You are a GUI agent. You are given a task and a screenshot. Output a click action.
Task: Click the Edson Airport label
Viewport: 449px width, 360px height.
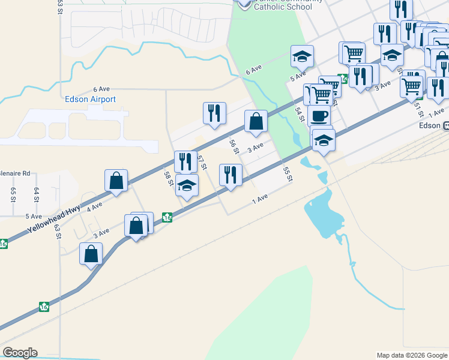point(90,99)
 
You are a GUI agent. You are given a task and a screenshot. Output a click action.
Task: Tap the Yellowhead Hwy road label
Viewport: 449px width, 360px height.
point(54,220)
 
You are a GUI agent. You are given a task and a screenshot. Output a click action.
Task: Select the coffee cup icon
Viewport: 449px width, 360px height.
point(319,115)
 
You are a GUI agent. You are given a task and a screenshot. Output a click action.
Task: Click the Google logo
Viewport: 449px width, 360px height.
point(20,353)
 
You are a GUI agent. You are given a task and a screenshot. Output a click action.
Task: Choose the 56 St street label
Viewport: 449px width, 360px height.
point(234,147)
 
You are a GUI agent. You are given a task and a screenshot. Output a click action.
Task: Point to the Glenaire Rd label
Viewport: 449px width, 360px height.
point(14,173)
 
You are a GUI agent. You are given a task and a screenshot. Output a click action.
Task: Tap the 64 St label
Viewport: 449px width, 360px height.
point(37,194)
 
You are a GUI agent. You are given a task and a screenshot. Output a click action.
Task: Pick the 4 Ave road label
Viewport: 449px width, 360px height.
point(94,208)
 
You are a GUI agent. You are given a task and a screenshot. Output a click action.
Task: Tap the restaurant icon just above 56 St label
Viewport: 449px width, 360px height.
point(214,113)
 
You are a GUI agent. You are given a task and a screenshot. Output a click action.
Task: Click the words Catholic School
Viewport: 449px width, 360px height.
point(283,7)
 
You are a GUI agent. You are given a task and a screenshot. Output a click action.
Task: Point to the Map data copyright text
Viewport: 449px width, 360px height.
point(412,355)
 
